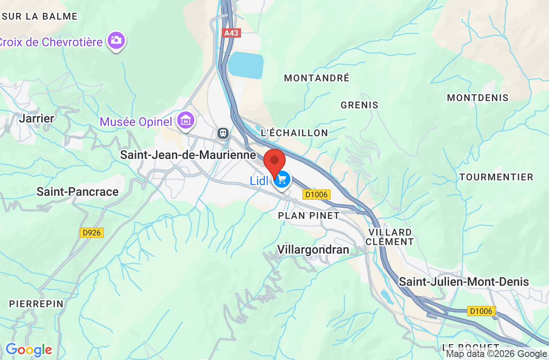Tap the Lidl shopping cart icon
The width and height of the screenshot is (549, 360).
point(282,179)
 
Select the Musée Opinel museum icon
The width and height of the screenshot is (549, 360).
point(186,120)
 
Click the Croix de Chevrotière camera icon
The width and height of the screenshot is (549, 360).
point(116,41)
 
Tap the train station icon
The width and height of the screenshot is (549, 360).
point(223,133)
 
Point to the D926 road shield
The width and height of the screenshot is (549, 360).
point(92,233)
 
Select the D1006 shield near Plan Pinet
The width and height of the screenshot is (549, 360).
point(317,195)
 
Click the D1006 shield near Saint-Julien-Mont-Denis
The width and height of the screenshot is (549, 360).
point(481,311)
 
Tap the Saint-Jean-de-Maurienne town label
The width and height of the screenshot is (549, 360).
point(188,155)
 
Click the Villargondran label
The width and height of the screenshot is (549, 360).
point(313,249)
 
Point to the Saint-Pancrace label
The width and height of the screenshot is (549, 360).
point(78,192)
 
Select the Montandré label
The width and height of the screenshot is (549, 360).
point(317,78)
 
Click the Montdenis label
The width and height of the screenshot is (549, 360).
point(477,98)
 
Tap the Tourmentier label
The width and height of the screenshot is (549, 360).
point(496,177)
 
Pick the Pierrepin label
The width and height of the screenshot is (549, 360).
point(36,304)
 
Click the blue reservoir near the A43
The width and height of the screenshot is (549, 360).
point(245,65)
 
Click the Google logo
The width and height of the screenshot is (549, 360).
point(29,350)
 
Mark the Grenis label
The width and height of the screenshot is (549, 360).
point(359,105)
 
